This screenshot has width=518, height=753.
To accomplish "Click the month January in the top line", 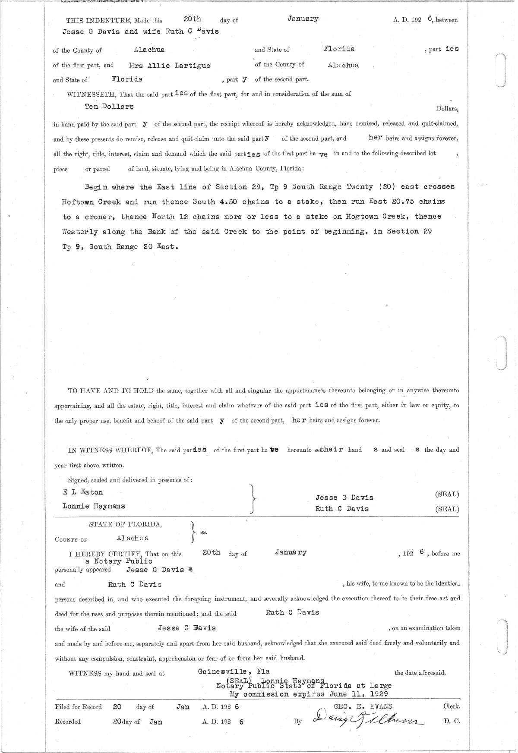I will tap(303, 19).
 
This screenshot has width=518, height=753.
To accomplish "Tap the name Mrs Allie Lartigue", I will tap(169, 66).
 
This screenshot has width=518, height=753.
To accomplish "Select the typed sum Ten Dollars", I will tap(109, 106).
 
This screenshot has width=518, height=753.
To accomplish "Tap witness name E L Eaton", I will tap(83, 492).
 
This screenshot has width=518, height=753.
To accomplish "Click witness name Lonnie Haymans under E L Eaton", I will tap(94, 506).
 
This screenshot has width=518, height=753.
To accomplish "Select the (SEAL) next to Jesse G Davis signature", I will tap(447, 495).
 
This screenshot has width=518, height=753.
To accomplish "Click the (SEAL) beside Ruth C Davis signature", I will tap(447, 509).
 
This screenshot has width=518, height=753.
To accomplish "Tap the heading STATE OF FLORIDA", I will tap(126, 524).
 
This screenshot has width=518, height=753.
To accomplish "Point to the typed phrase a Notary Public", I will tap(119, 561).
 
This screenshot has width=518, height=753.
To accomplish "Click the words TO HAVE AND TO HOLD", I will tap(111, 391).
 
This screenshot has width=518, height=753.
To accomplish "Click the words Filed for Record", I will tap(79, 707).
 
